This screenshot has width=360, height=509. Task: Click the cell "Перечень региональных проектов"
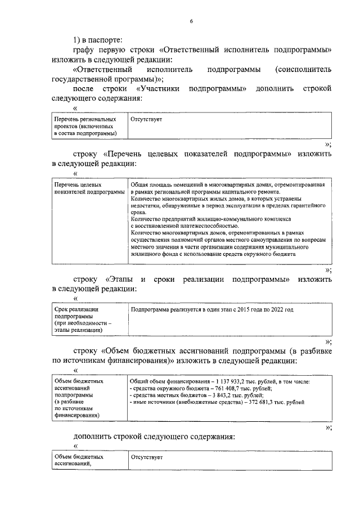click(x=85, y=127)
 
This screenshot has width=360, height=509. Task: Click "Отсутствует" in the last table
click(x=146, y=458)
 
